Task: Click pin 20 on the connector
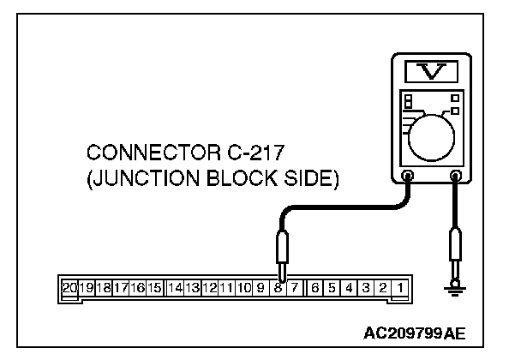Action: pyautogui.click(x=69, y=287)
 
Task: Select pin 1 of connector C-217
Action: pyautogui.click(x=400, y=287)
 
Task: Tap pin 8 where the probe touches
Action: pyautogui.click(x=278, y=287)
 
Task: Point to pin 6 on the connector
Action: pyautogui.click(x=315, y=287)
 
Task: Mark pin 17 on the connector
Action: pyautogui.click(x=121, y=287)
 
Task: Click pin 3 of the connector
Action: pyautogui.click(x=366, y=287)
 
